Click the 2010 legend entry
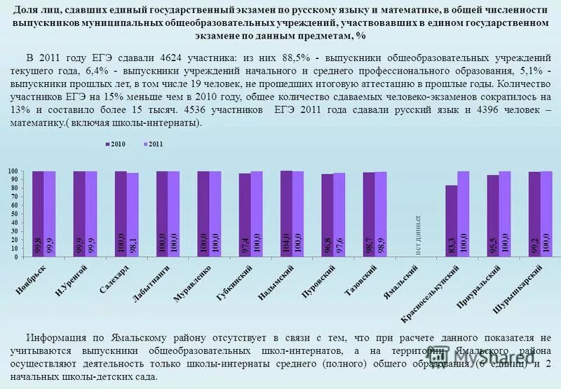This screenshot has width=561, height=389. pyautogui.click(x=115, y=143)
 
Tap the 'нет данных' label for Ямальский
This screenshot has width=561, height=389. pyautogui.click(x=419, y=235)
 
